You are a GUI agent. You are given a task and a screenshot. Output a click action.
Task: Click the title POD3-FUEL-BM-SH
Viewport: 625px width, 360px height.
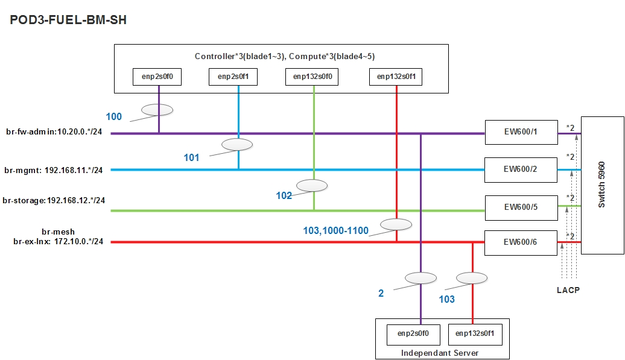pos(68,20)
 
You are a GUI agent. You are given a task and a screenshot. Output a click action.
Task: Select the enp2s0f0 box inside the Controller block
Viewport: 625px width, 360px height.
pos(158,77)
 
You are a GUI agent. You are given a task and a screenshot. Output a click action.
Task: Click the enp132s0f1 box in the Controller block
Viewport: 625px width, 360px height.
pos(396,77)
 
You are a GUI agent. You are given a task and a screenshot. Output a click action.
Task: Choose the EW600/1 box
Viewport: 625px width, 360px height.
pos(521,132)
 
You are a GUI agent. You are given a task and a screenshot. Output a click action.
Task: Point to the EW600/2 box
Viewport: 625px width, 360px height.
pos(521,169)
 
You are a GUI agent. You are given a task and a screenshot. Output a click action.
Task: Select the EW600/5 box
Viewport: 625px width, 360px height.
pos(521,207)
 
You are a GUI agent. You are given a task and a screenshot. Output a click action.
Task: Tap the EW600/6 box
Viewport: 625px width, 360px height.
pos(521,242)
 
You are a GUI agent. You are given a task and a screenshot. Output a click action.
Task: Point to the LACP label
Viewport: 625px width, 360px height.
pos(568,290)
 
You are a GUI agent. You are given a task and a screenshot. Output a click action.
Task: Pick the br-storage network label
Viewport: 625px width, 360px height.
pos(54,200)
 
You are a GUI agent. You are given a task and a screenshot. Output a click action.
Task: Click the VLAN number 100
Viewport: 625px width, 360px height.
pos(113,116)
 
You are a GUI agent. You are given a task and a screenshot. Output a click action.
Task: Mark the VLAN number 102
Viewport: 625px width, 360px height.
pos(284,195)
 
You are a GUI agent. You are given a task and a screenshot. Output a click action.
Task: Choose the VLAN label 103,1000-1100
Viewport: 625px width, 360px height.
pos(336,230)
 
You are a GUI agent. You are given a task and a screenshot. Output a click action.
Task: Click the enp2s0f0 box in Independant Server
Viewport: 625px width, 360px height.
pos(413,333)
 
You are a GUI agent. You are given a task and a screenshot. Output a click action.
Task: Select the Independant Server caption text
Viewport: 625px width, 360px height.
pos(442,352)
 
